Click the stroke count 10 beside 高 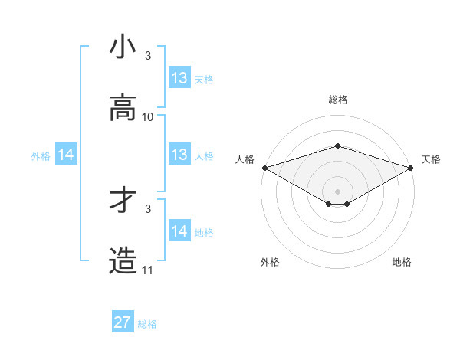148,116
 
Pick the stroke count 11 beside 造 148,270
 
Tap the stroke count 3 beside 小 148,55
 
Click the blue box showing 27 123,322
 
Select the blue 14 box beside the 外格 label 66,155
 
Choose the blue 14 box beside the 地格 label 179,231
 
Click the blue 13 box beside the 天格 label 179,78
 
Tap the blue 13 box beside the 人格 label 179,155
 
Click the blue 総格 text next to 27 147,324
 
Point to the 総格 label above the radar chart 337,100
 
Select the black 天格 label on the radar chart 431,159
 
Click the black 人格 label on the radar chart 245,159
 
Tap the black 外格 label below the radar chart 270,262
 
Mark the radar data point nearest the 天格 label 412,167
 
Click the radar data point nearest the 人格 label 264,167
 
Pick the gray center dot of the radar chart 337,191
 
